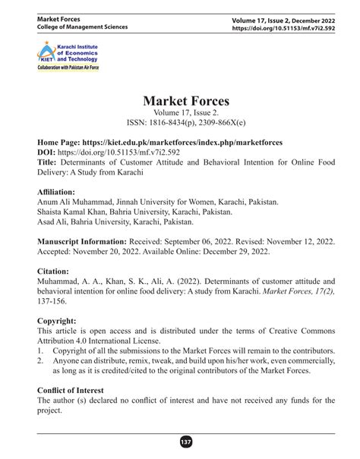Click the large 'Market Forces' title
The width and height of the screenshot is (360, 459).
pos(180,100)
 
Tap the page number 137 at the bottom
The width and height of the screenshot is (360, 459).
pos(180,442)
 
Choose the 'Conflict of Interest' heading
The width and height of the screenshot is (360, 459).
pos(77,389)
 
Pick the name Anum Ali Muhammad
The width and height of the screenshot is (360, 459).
pos(78,203)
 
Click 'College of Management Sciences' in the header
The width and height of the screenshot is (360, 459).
pos(83,27)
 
